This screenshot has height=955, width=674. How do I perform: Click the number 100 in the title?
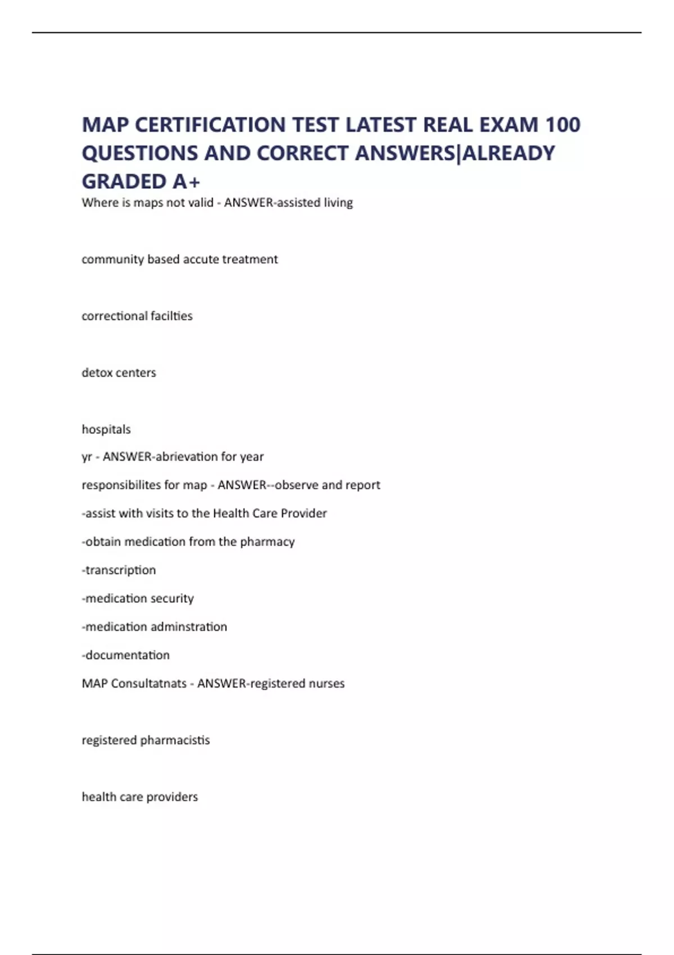point(563,125)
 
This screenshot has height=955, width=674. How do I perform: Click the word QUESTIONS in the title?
point(138,153)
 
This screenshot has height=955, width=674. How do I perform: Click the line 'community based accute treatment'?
point(180,259)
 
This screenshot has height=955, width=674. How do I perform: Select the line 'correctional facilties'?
point(137,316)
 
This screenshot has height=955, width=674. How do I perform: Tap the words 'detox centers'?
point(119,372)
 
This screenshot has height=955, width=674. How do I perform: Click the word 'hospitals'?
point(106,429)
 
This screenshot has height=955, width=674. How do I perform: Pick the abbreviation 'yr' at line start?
point(86,457)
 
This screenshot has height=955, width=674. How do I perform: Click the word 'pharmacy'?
point(267,542)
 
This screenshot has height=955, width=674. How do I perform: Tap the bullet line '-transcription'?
point(119,570)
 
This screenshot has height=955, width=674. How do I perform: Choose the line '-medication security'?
point(138,598)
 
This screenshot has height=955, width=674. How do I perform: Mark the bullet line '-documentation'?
point(126,655)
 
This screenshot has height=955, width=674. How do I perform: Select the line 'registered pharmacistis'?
point(146,740)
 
